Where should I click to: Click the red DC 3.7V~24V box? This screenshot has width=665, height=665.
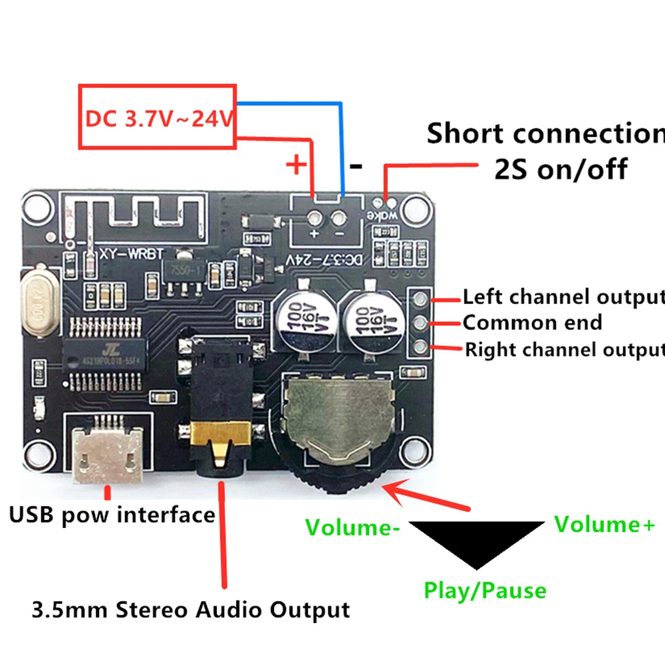[x=158, y=116]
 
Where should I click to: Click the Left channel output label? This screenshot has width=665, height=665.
[x=563, y=297]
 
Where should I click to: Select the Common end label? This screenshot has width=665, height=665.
[x=532, y=323]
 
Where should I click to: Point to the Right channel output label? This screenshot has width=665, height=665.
[x=564, y=349]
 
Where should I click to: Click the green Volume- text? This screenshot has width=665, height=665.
[x=352, y=527]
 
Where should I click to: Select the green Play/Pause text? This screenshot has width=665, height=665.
[x=485, y=590]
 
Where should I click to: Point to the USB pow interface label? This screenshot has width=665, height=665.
[x=112, y=515]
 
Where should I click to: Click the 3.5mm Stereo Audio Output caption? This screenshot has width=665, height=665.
[x=191, y=609]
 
